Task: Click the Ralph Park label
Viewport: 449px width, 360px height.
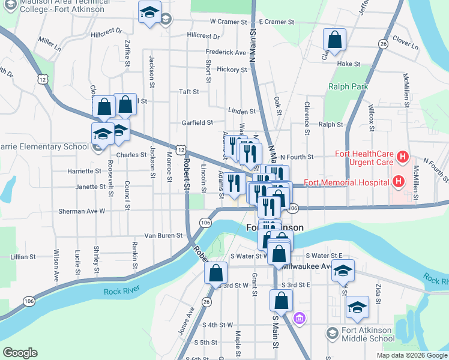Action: point(348,86)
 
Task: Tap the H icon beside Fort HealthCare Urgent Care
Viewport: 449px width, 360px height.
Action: point(403,158)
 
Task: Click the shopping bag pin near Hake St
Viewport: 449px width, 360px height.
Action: point(334,41)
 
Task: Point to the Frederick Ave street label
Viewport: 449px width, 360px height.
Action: point(226,53)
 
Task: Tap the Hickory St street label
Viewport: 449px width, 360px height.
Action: point(232,70)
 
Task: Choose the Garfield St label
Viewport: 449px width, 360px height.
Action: point(197,122)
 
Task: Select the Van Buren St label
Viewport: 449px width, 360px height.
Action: point(163,236)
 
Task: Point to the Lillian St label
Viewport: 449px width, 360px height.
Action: point(23,257)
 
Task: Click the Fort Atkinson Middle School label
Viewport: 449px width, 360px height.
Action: point(369,334)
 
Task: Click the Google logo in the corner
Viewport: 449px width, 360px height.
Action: point(20,353)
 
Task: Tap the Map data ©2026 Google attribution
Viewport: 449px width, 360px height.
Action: point(411,355)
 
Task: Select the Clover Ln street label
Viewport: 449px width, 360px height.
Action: point(405,44)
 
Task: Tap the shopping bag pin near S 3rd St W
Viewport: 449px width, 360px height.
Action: point(215,273)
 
